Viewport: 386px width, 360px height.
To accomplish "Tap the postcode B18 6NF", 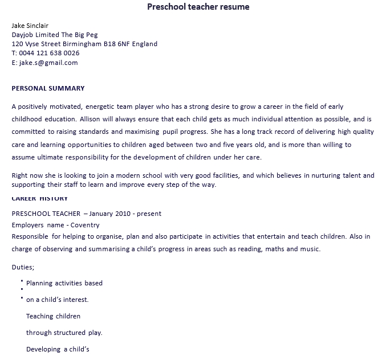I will [x=118, y=44].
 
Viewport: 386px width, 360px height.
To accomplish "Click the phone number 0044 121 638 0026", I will [x=50, y=53].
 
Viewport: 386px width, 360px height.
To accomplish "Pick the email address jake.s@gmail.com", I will [x=48, y=63].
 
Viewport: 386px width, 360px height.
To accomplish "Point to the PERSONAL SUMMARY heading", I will [x=48, y=88].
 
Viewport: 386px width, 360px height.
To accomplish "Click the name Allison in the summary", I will [x=91, y=120].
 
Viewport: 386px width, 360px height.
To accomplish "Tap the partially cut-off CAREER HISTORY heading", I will [x=40, y=199].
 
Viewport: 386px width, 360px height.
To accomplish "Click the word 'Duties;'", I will [x=23, y=267].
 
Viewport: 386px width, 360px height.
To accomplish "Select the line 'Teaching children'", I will [x=53, y=316].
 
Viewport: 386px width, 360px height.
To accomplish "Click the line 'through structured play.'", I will [x=64, y=333].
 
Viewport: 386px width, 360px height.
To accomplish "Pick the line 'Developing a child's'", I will [x=58, y=349].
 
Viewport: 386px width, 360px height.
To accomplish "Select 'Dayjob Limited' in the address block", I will [x=35, y=35].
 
